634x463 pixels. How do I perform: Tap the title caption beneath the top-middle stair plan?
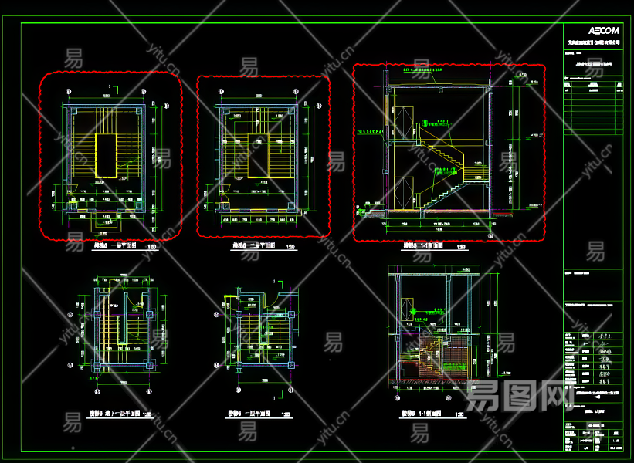(x=257, y=247)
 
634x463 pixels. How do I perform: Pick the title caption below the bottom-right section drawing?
(x=422, y=414)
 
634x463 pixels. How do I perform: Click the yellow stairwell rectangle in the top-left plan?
(x=106, y=157)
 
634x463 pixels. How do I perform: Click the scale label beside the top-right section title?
(x=461, y=248)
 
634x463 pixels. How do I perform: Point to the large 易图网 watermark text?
(x=514, y=396)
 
